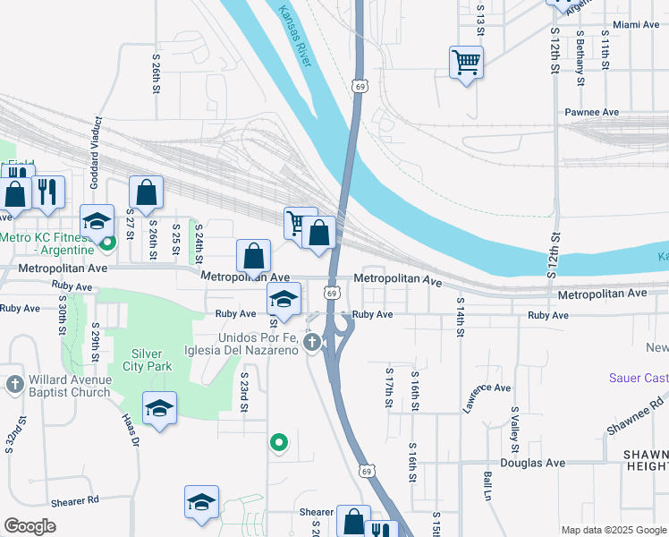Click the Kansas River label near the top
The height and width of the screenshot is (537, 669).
point(294,37)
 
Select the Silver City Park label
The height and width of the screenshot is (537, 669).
point(151,360)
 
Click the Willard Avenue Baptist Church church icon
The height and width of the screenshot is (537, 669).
point(14,384)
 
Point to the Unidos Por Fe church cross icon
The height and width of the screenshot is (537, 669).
point(312,342)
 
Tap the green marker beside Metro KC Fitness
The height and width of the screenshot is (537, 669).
point(107,242)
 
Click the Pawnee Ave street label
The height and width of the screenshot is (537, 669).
point(591,113)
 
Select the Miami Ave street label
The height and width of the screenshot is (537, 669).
point(635,25)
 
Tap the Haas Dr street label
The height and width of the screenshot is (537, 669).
point(131,430)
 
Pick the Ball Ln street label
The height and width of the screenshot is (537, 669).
point(488,486)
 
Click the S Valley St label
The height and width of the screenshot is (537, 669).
point(515,429)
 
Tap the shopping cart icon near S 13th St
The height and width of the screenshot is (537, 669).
point(466,62)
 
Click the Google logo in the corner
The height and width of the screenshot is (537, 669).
point(30,526)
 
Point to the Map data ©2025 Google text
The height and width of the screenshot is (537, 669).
point(613,530)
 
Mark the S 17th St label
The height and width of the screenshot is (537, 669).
point(390,387)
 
